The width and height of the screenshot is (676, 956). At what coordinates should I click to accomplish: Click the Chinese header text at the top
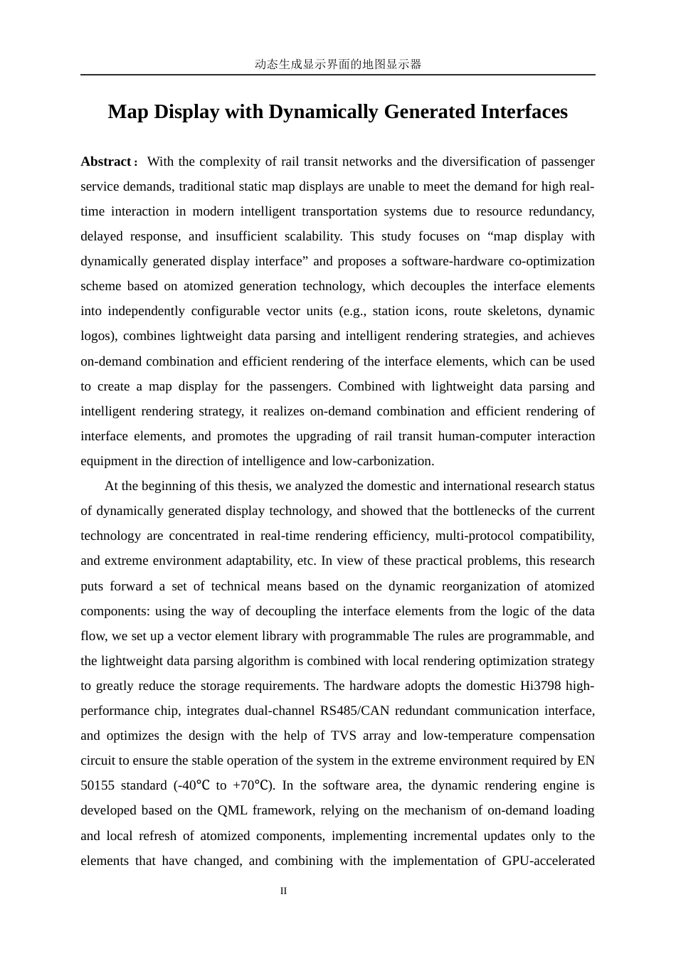338,64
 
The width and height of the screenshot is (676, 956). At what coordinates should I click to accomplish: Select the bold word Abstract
105,161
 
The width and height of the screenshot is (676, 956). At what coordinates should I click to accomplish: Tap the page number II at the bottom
283,891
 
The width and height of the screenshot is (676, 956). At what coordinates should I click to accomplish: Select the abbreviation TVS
344,735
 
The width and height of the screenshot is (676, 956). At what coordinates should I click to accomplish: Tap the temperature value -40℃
192,785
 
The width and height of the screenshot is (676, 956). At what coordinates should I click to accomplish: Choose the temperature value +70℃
253,785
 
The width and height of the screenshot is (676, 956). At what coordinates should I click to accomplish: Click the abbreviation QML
232,810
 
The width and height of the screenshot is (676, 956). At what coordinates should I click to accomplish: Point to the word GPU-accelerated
548,861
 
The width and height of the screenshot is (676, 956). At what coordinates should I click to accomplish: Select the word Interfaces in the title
524,112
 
